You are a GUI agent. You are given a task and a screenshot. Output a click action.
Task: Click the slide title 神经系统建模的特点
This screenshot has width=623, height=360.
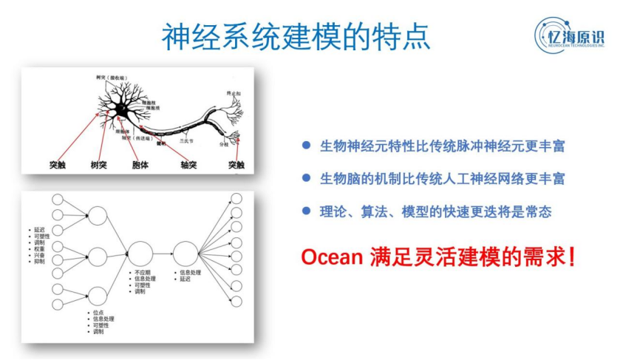point(296,34)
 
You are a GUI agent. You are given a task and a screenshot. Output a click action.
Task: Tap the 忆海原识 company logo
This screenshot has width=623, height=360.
point(570,35)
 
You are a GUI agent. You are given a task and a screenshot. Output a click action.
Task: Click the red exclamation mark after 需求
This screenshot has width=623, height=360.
point(571,257)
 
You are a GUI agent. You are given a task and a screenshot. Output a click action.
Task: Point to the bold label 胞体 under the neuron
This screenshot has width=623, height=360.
point(140,164)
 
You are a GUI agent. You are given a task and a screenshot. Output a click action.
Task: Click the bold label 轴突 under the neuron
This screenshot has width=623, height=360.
point(188,164)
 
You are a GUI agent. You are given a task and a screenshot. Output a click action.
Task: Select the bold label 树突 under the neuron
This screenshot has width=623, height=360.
point(99,164)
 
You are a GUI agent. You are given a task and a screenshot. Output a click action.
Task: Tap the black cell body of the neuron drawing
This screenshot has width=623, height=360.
point(119,112)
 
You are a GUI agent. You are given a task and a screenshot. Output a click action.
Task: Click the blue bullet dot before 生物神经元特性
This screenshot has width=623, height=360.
point(305,146)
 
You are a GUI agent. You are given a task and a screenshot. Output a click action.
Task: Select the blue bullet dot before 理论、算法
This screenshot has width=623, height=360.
point(305,211)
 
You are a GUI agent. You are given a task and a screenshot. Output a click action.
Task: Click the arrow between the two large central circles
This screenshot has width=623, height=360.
point(163,253)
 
